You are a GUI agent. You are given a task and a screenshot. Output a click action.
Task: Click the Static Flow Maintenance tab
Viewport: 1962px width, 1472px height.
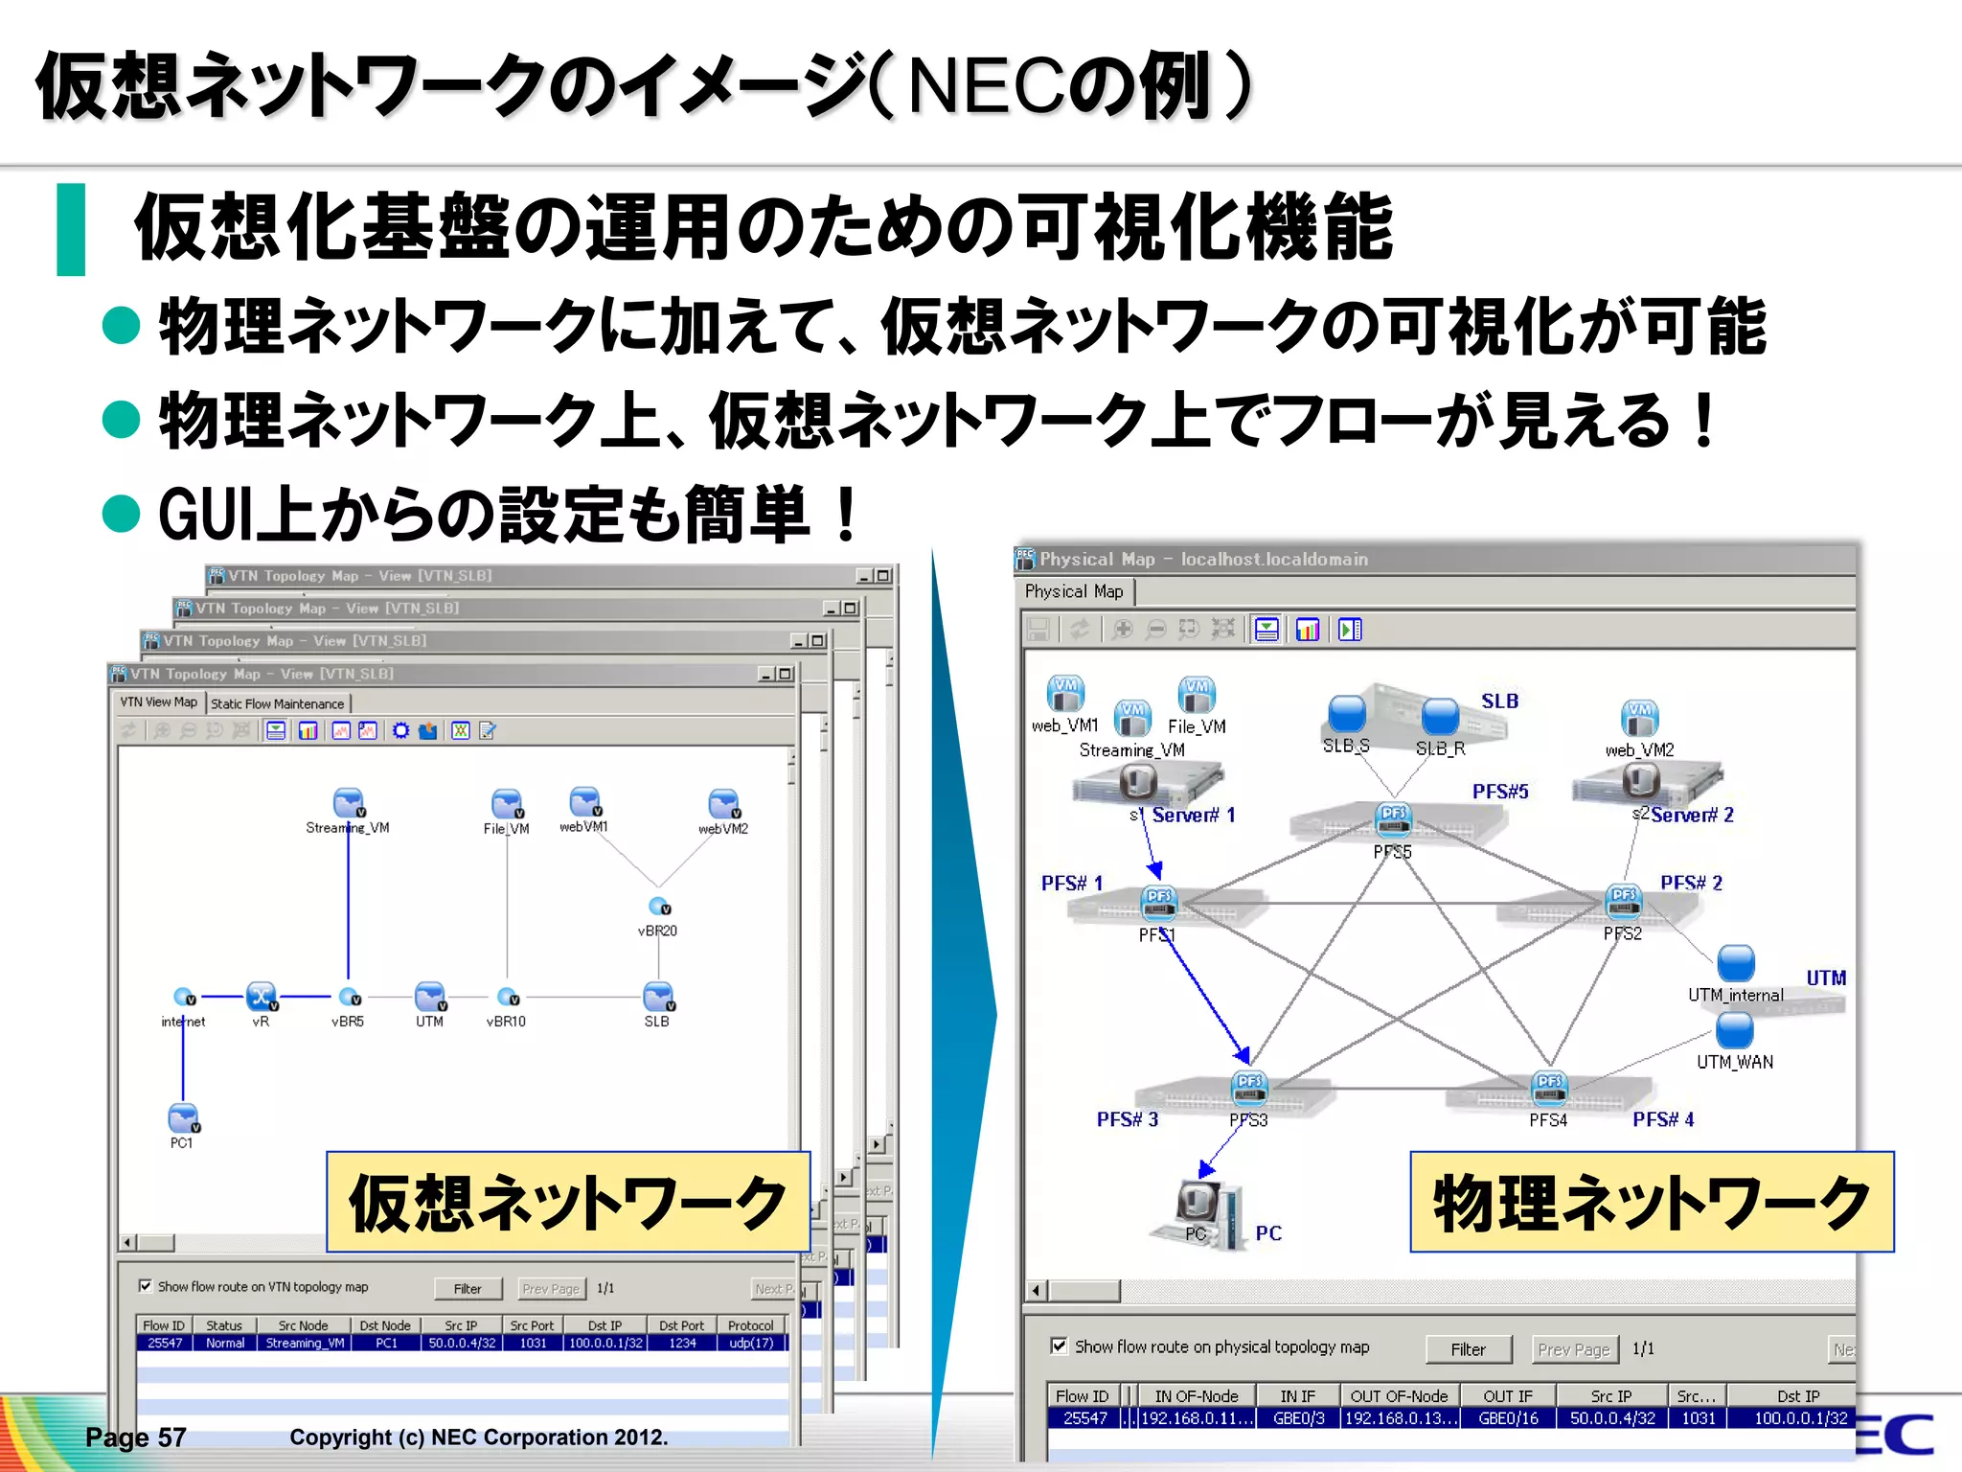pyautogui.click(x=278, y=703)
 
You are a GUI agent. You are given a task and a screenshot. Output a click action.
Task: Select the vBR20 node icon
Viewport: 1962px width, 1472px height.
pyautogui.click(x=659, y=907)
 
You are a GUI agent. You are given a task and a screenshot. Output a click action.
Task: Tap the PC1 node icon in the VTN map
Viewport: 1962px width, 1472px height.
pyautogui.click(x=183, y=1118)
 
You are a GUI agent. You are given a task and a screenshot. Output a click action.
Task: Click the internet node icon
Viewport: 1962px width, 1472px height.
pyautogui.click(x=184, y=998)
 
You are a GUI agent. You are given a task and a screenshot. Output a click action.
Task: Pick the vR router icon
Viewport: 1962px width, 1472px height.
pyautogui.click(x=262, y=997)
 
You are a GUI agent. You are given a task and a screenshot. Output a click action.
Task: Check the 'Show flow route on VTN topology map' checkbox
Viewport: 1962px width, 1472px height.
pyautogui.click(x=145, y=1286)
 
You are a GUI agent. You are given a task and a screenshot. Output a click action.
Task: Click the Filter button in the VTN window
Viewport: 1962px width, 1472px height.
pyautogui.click(x=468, y=1289)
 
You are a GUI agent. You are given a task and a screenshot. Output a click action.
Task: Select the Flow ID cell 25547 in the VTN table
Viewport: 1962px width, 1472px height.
pyautogui.click(x=165, y=1344)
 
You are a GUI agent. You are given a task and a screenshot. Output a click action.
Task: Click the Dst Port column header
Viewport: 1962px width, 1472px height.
pyautogui.click(x=681, y=1325)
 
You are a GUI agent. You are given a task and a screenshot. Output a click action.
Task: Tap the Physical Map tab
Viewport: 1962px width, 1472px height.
pyautogui.click(x=1074, y=592)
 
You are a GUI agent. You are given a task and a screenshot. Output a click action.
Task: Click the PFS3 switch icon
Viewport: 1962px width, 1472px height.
pyautogui.click(x=1249, y=1088)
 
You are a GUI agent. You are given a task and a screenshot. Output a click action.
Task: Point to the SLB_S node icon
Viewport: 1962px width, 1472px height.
pyautogui.click(x=1346, y=714)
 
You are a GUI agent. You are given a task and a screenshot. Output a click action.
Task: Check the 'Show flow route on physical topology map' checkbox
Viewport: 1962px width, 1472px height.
pyautogui.click(x=1059, y=1346)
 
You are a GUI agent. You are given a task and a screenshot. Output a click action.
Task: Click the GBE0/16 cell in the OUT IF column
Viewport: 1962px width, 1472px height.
pyautogui.click(x=1508, y=1418)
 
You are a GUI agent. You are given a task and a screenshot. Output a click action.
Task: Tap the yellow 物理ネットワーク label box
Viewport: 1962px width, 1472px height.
pyautogui.click(x=1652, y=1203)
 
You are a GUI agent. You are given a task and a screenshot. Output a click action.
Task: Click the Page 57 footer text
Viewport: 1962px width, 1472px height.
pyautogui.click(x=136, y=1437)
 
